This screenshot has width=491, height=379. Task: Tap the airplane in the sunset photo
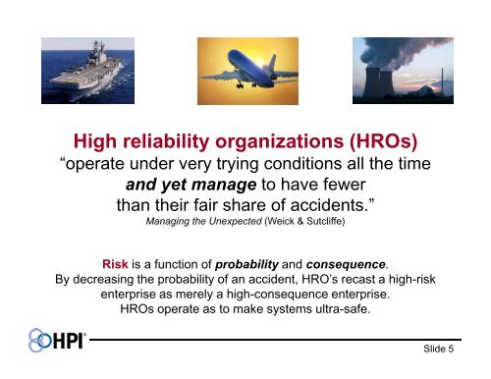click(241, 65)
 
